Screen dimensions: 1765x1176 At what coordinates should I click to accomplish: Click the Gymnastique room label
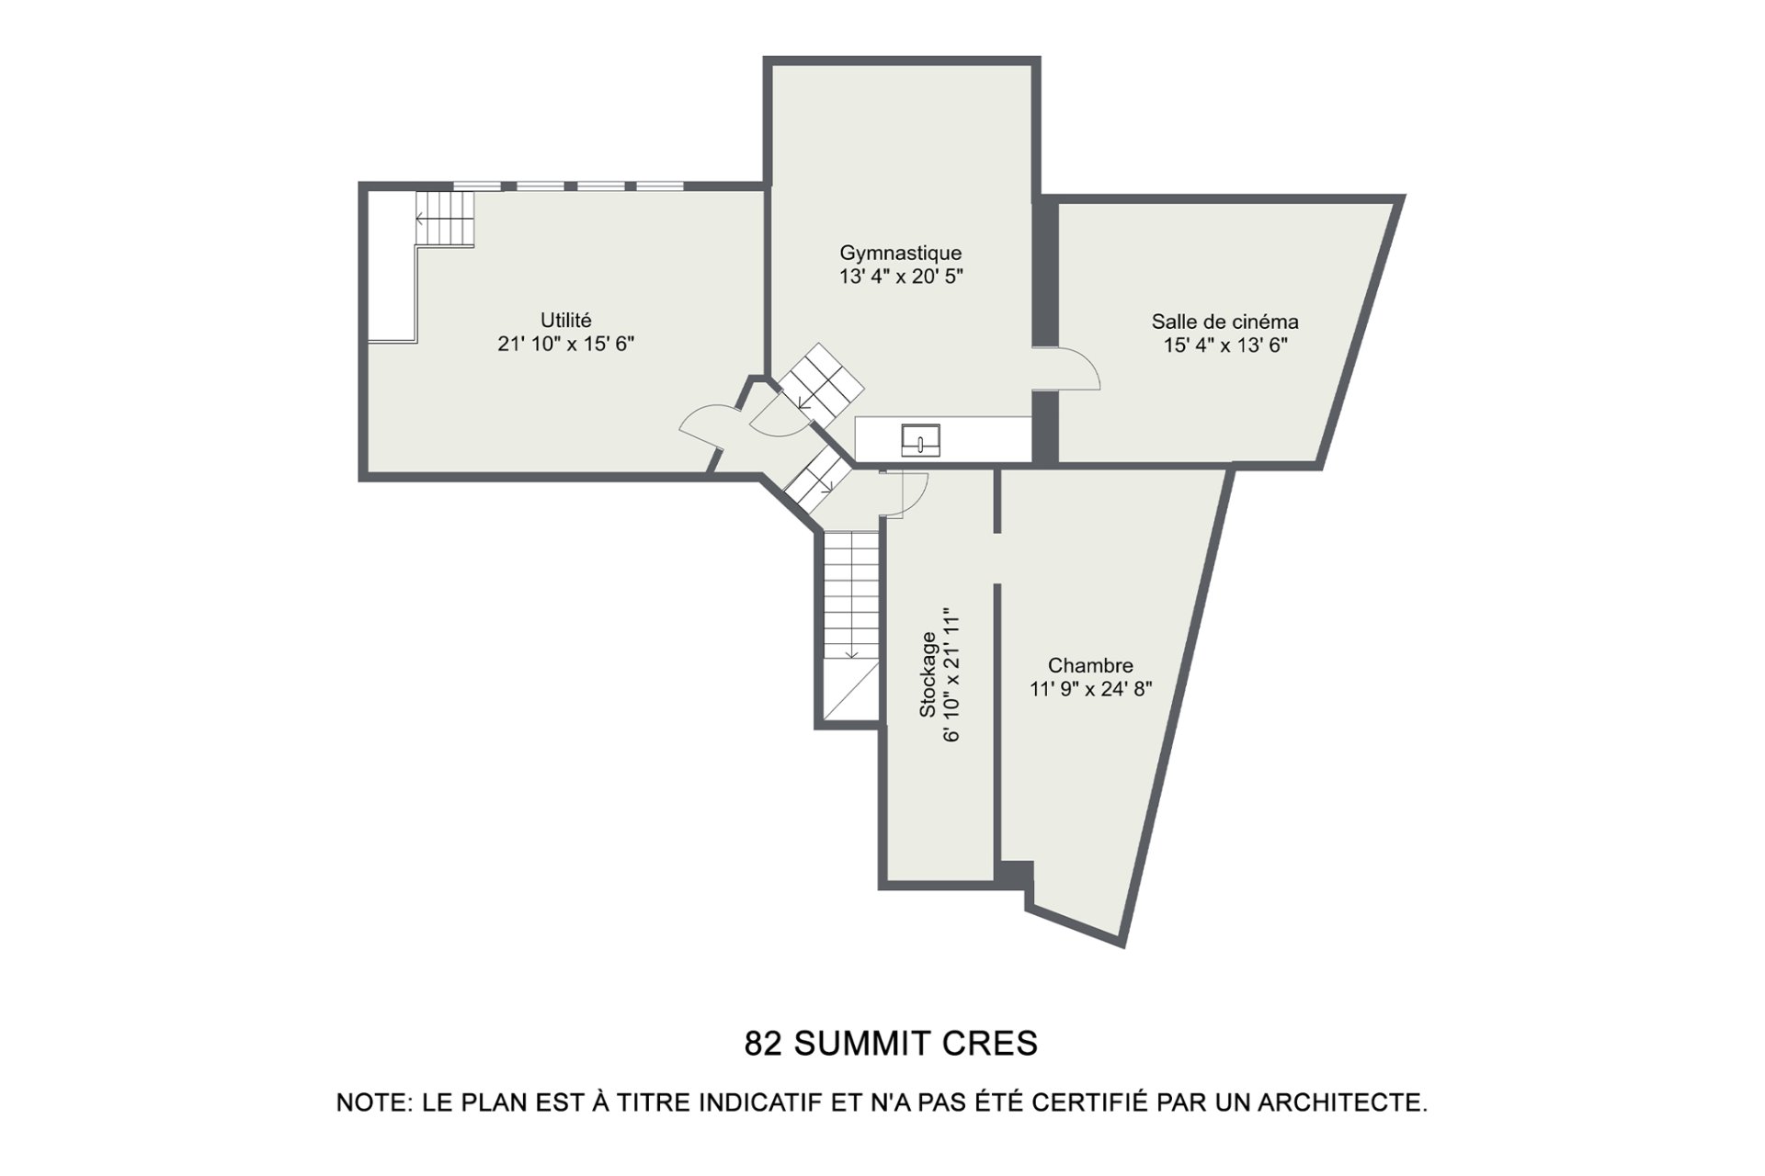(x=901, y=253)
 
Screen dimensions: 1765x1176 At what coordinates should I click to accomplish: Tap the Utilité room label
(x=566, y=321)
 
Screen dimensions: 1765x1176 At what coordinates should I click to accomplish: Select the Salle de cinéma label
(x=1225, y=322)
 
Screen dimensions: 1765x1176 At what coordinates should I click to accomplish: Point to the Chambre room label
(x=1090, y=665)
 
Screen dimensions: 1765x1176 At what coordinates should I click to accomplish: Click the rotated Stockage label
(x=928, y=674)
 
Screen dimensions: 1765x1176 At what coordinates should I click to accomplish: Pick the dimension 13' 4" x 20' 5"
(x=901, y=277)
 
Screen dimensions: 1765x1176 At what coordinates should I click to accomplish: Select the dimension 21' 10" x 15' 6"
(x=566, y=345)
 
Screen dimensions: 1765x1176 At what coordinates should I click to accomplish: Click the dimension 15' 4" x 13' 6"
(x=1225, y=345)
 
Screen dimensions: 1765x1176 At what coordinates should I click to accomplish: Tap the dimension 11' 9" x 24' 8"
(x=1091, y=689)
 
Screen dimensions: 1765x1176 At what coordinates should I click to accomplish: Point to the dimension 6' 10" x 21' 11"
(x=952, y=674)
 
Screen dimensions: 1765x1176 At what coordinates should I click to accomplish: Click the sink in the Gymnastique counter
(x=920, y=439)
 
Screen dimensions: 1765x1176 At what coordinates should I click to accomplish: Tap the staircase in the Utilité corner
(x=446, y=219)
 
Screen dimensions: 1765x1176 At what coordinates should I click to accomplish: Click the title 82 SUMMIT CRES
(x=891, y=1044)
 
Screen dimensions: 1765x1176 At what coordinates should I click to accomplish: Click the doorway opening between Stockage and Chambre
(x=996, y=558)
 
